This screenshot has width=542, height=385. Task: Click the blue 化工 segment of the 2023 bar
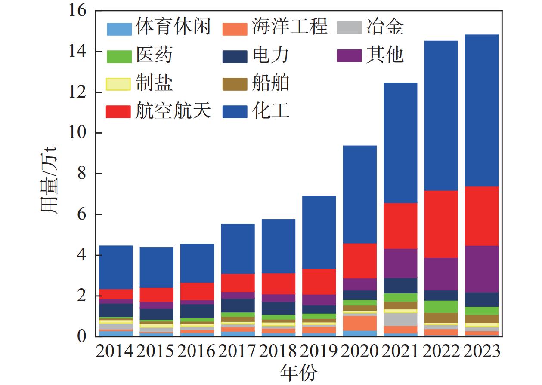[481, 110]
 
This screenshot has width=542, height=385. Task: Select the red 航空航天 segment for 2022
[441, 224]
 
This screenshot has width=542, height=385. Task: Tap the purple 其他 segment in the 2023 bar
[481, 269]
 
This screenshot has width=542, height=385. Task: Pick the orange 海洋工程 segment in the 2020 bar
[359, 323]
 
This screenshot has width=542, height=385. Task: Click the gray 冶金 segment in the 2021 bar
[400, 319]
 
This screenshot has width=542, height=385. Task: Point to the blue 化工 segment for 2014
[116, 267]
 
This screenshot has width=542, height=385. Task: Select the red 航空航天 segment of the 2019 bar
[319, 281]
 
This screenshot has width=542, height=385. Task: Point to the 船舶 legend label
[271, 83]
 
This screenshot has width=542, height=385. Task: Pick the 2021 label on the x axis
[400, 351]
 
